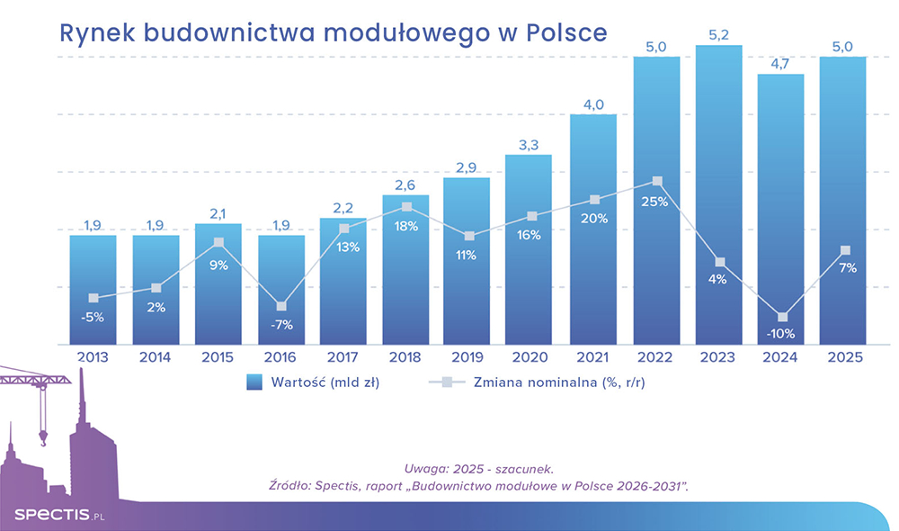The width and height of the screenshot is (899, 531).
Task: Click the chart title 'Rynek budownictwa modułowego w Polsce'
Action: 333,32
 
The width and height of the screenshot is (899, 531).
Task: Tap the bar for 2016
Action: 281,288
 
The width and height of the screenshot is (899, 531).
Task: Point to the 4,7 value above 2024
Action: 780,62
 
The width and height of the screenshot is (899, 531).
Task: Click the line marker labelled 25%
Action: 656,182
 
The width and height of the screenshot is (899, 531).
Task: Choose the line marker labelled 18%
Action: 406,207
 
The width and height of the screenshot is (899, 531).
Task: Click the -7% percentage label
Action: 281,325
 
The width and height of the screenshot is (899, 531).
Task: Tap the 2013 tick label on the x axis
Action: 93,357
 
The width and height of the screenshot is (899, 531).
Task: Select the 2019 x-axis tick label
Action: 467,357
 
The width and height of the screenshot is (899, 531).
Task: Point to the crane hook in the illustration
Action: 41,440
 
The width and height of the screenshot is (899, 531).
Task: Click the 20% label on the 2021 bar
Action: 593,219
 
